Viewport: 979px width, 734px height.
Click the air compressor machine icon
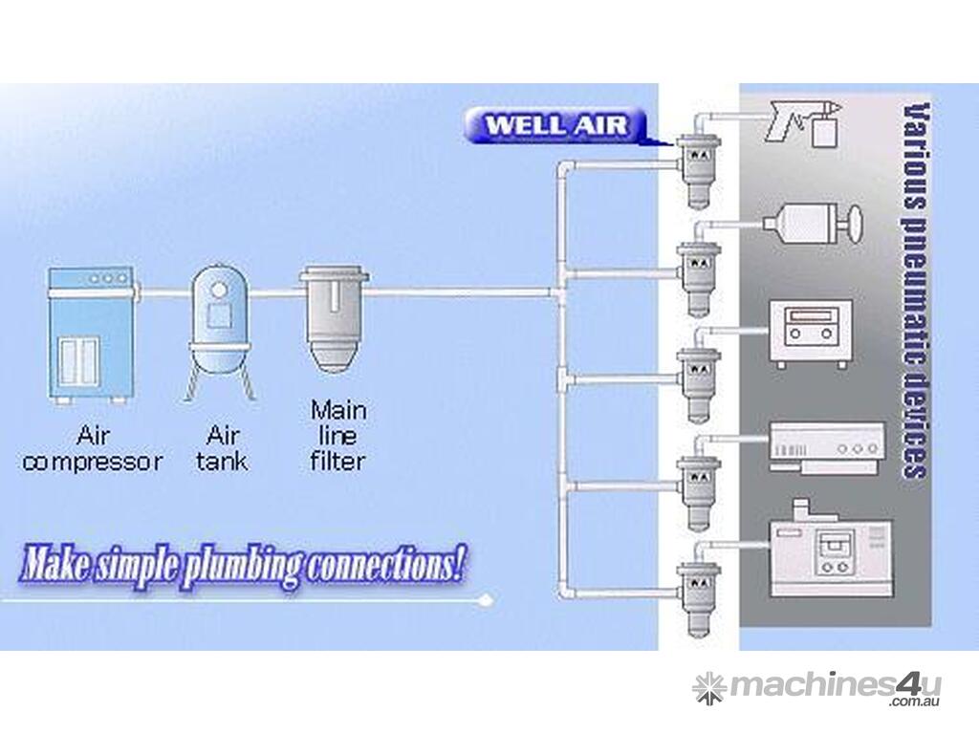click(x=89, y=335)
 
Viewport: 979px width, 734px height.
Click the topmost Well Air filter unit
click(x=697, y=166)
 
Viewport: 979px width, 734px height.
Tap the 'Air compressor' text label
click(x=93, y=450)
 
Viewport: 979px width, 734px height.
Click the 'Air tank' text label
click(x=223, y=449)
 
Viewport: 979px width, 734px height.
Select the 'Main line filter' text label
click(x=338, y=436)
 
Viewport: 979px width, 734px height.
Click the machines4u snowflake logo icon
click(x=708, y=687)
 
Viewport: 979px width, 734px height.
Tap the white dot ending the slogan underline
click(x=489, y=600)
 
